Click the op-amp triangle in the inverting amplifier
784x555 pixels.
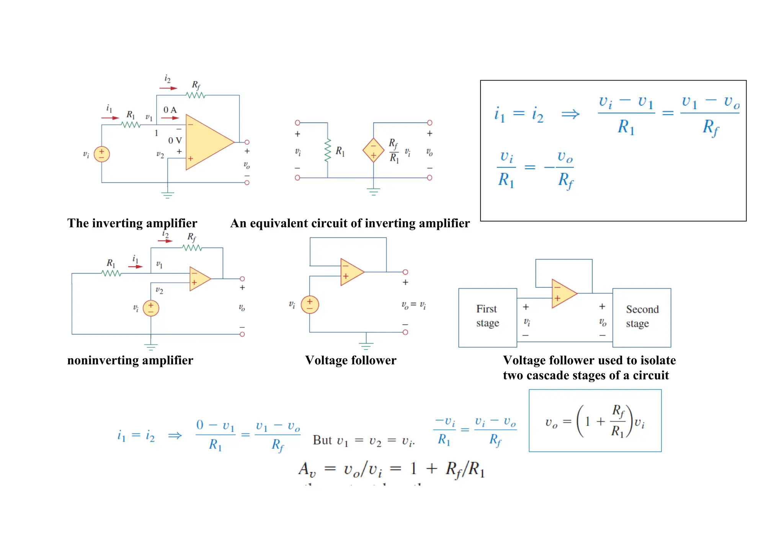(207, 142)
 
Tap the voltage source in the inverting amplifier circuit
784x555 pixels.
(102, 154)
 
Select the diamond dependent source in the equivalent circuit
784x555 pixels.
(373, 150)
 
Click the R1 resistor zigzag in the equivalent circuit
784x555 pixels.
(328, 150)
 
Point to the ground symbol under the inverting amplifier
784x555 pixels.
(168, 195)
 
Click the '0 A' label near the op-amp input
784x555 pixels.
(170, 110)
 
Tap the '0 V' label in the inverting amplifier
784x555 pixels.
(175, 141)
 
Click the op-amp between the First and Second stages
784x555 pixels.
(563, 294)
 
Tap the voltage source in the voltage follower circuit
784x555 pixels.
(310, 305)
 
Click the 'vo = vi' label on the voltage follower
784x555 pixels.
(413, 305)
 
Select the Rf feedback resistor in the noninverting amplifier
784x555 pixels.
(192, 248)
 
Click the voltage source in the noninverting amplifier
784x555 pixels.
(151, 308)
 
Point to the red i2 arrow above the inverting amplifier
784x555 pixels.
(168, 88)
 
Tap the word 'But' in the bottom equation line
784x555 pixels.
(322, 440)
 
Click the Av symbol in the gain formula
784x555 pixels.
(307, 469)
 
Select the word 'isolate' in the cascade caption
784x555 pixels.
(658, 360)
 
